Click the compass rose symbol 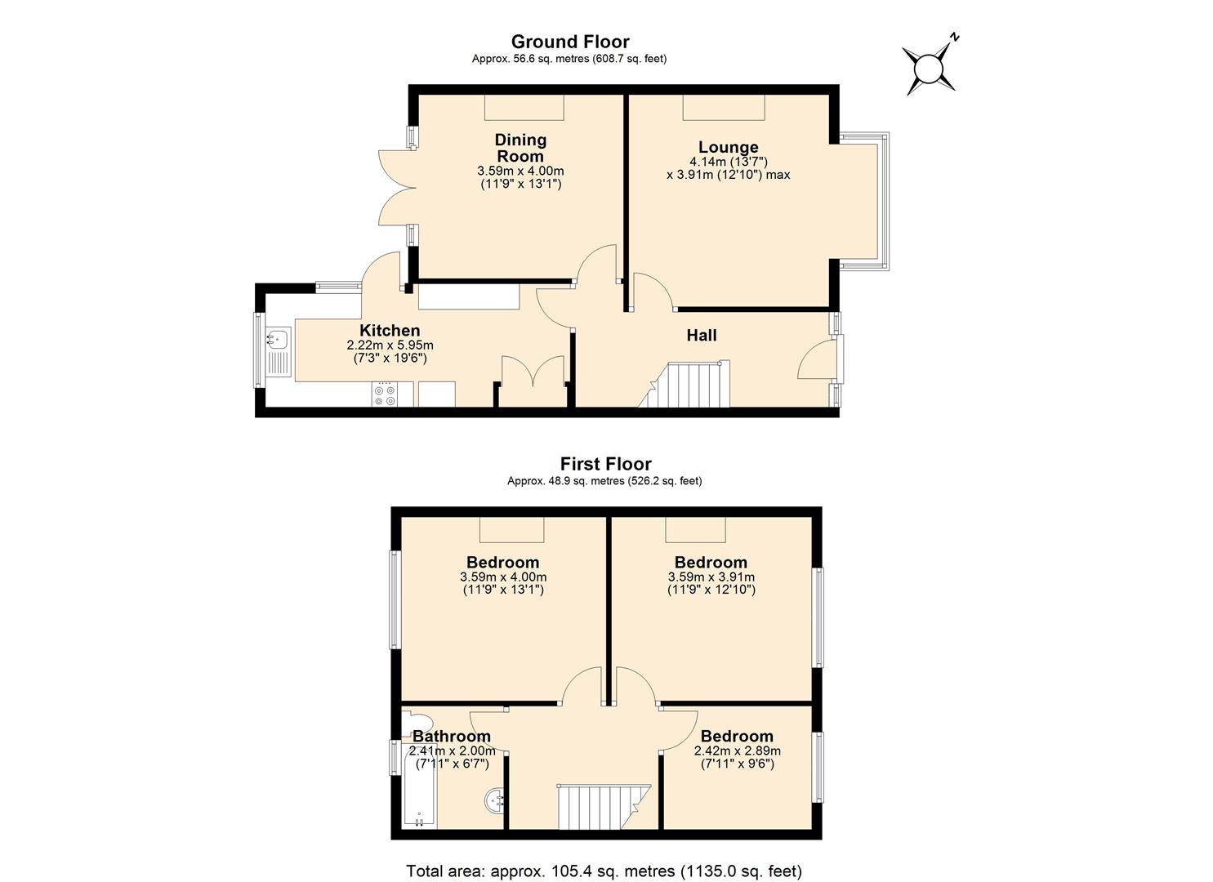tap(929, 69)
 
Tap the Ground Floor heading tap(570, 42)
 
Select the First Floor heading tap(605, 464)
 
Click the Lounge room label tap(728, 148)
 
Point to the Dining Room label tap(520, 148)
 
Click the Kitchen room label tap(390, 331)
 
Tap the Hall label tap(702, 335)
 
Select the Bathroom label tap(452, 737)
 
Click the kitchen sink tap(278, 338)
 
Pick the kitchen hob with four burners tap(384, 395)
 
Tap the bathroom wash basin tap(493, 800)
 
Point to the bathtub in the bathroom tap(419, 786)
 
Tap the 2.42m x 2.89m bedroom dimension tap(737, 751)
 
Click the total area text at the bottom tap(604, 871)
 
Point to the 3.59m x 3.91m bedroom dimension tap(711, 577)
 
